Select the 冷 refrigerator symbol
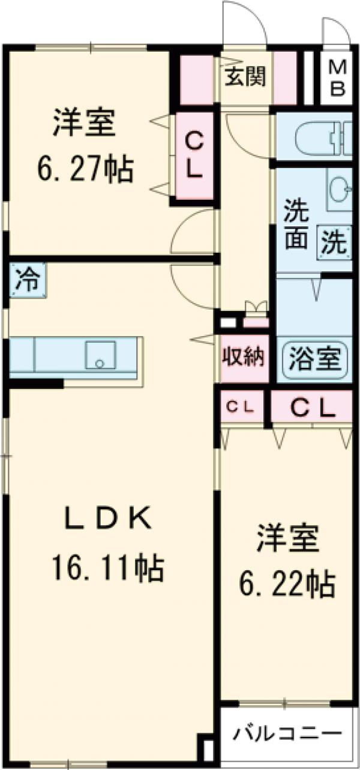click(26, 280)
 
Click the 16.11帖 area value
click(108, 567)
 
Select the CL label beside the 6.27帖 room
click(193, 155)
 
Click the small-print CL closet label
click(241, 407)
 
